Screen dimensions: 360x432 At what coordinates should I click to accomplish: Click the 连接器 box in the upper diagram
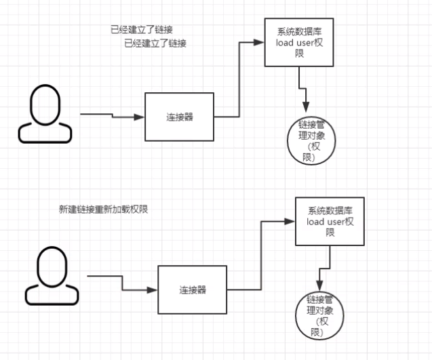tap(179, 117)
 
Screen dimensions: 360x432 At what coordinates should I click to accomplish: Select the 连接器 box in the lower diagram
tap(192, 290)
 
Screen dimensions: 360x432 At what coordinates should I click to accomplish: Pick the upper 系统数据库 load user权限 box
tap(298, 43)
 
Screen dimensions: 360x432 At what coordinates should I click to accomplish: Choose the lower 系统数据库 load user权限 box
tap(330, 222)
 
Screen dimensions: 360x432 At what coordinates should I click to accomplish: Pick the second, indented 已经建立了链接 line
tap(155, 43)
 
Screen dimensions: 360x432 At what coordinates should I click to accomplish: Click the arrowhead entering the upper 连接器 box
tap(140, 117)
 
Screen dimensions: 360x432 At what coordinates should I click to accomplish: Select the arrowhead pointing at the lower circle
tap(319, 287)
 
